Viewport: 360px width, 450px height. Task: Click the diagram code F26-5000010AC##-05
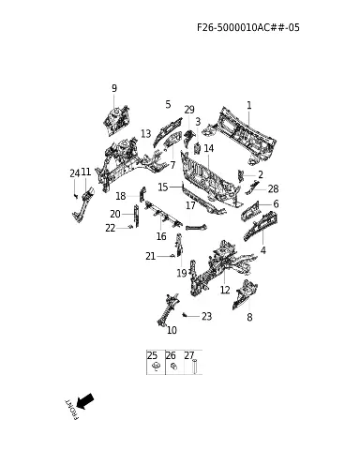pyautogui.click(x=248, y=27)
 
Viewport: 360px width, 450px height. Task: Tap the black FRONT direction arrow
pyautogui.click(x=85, y=401)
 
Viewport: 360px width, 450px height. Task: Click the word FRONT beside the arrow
pyautogui.click(x=72, y=410)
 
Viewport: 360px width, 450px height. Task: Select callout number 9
pyautogui.click(x=114, y=88)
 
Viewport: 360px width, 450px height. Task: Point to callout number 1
pyautogui.click(x=249, y=105)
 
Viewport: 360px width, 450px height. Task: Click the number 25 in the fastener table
pyautogui.click(x=152, y=355)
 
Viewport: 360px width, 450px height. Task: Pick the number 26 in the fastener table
pyautogui.click(x=171, y=355)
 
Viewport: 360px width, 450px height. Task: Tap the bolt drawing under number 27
pyautogui.click(x=195, y=367)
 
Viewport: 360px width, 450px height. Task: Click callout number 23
pyautogui.click(x=206, y=316)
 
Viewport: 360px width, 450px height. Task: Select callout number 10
pyautogui.click(x=172, y=330)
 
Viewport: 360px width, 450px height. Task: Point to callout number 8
pyautogui.click(x=249, y=317)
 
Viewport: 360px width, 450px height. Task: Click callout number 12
pyautogui.click(x=225, y=290)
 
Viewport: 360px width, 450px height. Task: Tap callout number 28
pyautogui.click(x=273, y=188)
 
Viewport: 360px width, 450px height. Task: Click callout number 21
pyautogui.click(x=151, y=256)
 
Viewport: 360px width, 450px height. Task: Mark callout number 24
pyautogui.click(x=75, y=173)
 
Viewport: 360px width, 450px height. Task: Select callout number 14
pyautogui.click(x=209, y=148)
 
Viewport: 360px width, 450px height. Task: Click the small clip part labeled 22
pyautogui.click(x=131, y=227)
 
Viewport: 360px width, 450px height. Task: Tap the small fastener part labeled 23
pyautogui.click(x=185, y=314)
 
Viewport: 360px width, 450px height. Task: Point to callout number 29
pyautogui.click(x=189, y=110)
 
